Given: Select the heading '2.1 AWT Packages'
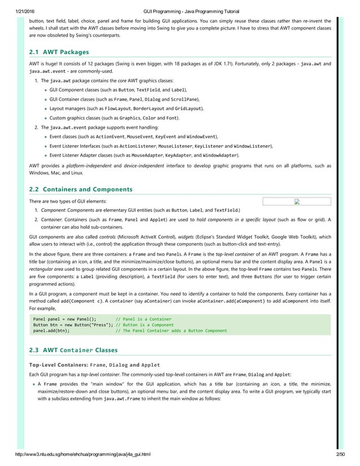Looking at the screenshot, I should (59, 52).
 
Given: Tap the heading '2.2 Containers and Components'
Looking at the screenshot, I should (81, 189).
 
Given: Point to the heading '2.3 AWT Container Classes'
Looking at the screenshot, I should (73, 350).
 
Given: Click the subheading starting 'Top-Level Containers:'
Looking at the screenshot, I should (94, 364).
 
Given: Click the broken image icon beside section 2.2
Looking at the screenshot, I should (297, 202).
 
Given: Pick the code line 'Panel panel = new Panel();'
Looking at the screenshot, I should (65, 319).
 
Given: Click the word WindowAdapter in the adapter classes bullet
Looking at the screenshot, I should (220, 155).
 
